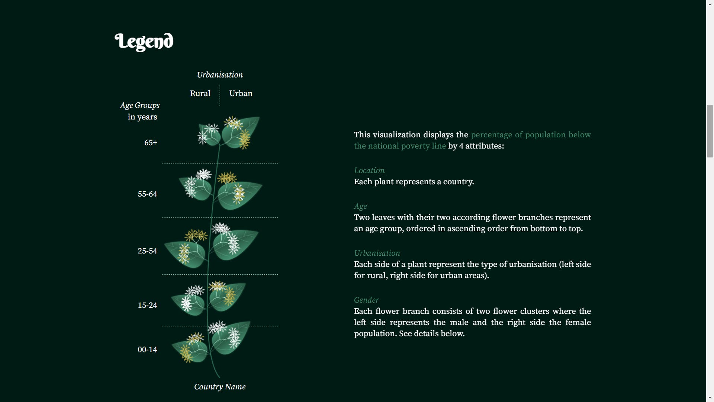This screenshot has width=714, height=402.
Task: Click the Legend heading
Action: point(144,42)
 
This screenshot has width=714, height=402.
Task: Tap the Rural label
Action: point(200,93)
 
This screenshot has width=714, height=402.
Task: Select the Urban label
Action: point(241,93)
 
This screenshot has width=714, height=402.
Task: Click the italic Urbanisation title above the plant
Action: point(220,75)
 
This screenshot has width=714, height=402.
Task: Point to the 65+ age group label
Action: point(151,143)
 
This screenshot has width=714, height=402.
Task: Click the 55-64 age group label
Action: point(147,194)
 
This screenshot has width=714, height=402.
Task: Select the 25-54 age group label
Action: point(147,251)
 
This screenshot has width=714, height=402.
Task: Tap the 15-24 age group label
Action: point(147,305)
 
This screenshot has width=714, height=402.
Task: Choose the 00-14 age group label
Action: point(147,350)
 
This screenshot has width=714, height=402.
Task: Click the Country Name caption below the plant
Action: point(220,387)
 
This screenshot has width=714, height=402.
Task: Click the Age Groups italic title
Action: point(140,106)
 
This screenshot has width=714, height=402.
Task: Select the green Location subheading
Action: point(369,170)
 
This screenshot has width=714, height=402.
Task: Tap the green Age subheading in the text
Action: point(360,207)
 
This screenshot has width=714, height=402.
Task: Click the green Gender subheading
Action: point(366,300)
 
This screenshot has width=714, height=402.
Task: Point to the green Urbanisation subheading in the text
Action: point(377,253)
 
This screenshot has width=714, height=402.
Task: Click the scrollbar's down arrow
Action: point(710,399)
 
